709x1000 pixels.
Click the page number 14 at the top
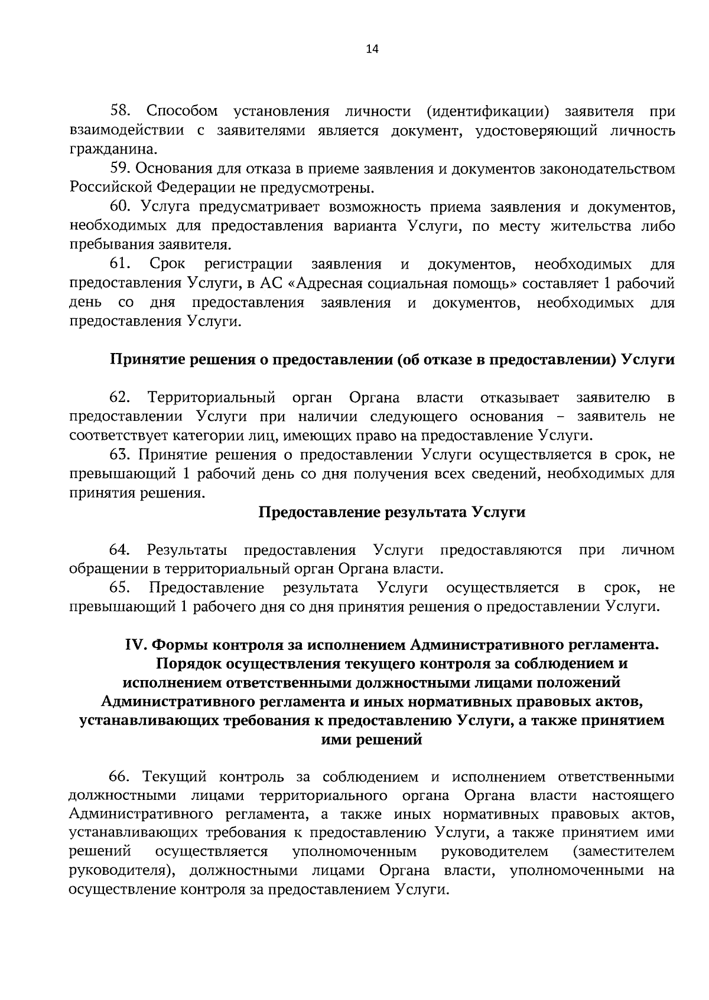coord(372,50)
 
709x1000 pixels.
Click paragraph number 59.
coord(120,169)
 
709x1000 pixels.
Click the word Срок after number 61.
coord(167,264)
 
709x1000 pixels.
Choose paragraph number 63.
coord(120,455)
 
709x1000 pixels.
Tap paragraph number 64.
coord(120,550)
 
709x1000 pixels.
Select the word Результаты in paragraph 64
coord(187,550)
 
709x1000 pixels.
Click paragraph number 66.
coord(120,777)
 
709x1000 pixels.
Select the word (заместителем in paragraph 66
coord(623,852)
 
